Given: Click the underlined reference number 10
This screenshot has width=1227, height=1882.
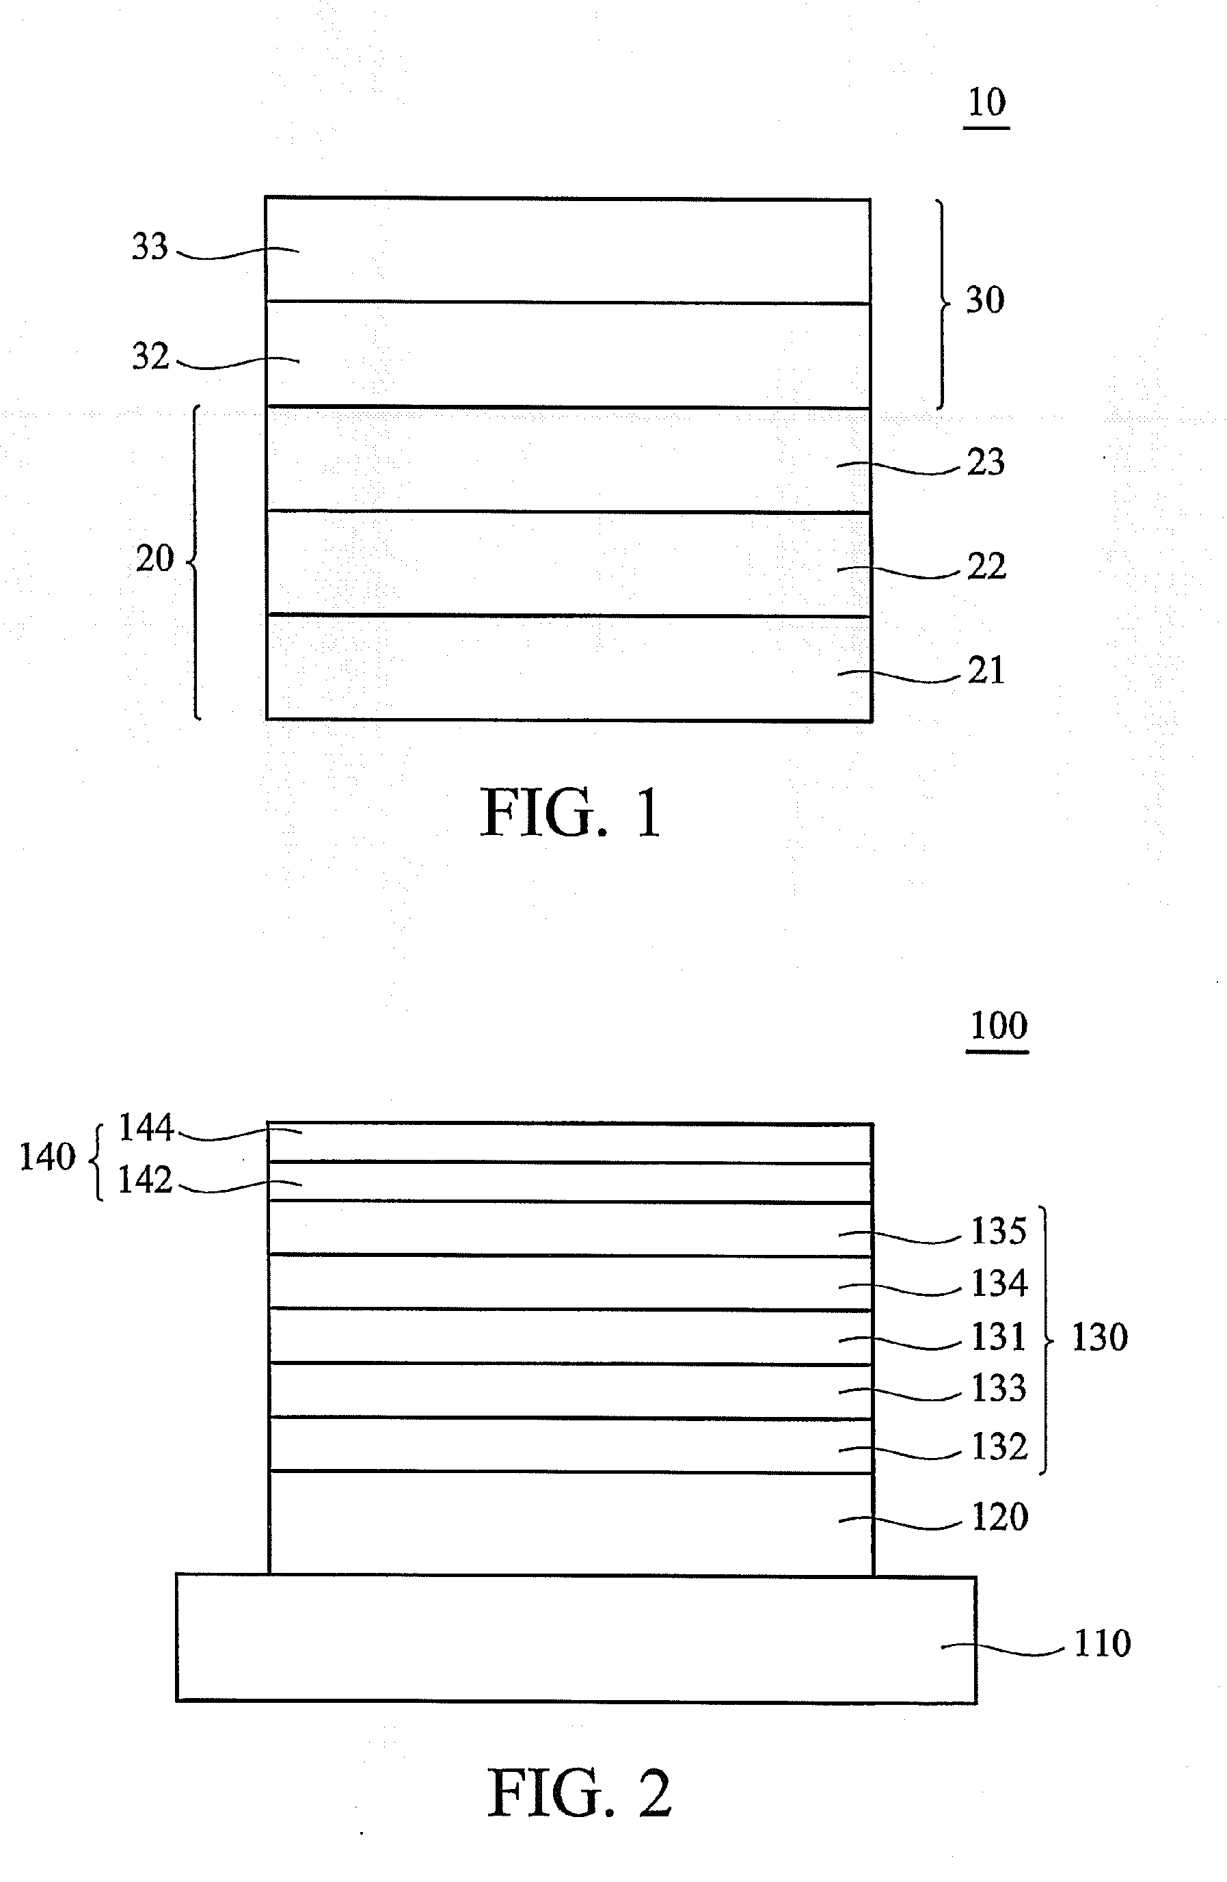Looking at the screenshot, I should coord(986,103).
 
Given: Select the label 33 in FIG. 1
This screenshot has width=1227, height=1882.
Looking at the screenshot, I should coord(150,247).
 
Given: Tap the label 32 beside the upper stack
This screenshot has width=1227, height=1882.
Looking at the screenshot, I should coord(150,356).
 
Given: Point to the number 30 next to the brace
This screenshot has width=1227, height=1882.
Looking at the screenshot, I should coord(985,300).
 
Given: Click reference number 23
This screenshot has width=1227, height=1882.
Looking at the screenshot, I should coord(986,462).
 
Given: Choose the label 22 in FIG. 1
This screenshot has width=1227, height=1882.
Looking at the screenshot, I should coord(986,567).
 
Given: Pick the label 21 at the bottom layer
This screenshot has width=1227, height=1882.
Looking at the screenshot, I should coord(986,672).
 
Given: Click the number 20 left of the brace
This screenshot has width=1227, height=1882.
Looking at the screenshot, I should coord(154,560).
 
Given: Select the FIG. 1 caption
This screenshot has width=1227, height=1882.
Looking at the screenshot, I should coord(571,814).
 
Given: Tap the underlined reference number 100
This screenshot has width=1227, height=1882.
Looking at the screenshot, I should coord(998,1026).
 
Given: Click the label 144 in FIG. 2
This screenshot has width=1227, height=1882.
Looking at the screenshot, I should coord(146,1128).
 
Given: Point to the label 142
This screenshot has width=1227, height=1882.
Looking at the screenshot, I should coord(145,1180).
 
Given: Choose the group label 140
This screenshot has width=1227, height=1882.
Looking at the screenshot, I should coord(46,1157).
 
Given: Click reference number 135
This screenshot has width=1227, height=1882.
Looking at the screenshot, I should coord(999,1231).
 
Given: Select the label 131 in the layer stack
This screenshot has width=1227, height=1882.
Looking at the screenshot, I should coord(999,1337).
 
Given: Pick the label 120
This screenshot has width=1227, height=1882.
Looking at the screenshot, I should coord(999,1517).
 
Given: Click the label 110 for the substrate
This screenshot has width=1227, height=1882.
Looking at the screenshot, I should coord(1102,1644).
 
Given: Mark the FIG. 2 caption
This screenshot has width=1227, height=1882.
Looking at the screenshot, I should coord(579,1793).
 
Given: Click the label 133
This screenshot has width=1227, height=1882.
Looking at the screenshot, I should coord(999,1388).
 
